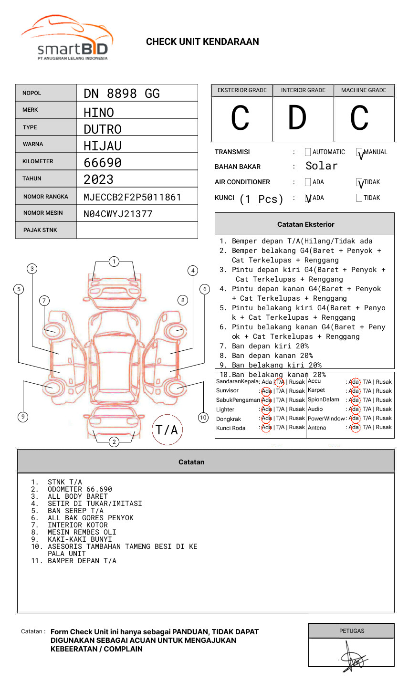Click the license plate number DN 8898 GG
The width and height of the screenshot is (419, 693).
122,94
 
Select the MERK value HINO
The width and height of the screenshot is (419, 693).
99,113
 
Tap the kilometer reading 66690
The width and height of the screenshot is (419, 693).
103,163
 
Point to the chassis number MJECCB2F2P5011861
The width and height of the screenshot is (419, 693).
132,197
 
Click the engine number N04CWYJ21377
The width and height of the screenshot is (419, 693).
118,214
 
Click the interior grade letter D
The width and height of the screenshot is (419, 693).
297,118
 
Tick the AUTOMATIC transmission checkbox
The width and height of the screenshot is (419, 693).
308,152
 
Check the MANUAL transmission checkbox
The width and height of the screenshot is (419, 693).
359,152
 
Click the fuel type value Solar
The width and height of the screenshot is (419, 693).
321,166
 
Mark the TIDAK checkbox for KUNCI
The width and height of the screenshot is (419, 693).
359,198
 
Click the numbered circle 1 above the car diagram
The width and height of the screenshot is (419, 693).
114,262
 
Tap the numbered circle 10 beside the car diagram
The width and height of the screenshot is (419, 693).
203,418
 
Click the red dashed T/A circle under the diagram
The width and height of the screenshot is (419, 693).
167,430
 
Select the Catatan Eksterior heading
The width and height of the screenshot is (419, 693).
305,224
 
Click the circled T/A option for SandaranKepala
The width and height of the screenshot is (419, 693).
280,382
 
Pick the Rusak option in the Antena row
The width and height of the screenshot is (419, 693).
384,427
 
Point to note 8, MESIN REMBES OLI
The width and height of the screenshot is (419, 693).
82,532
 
